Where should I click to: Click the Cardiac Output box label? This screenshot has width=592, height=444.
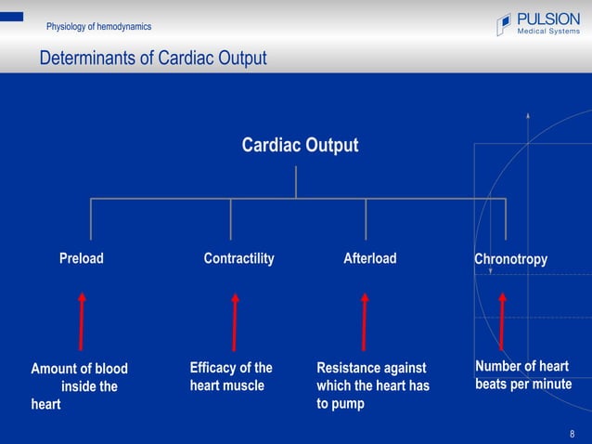point(299,146)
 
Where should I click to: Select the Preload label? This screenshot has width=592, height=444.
point(82,259)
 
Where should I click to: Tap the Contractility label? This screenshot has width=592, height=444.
point(238,259)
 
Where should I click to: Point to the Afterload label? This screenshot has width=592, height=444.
point(369,259)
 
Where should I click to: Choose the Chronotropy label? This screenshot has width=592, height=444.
point(510,259)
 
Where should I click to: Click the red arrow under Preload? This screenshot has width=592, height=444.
point(83,321)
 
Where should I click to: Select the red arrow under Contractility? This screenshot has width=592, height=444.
point(235,321)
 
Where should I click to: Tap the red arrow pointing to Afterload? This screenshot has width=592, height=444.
point(365,321)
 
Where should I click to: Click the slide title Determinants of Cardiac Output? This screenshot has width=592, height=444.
point(153,59)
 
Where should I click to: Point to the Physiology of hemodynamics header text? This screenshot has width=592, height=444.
point(99,26)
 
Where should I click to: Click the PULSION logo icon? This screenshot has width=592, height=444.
point(504,24)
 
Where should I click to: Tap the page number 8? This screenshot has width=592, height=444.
point(573,434)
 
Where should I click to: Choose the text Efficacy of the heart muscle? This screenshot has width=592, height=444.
point(231,376)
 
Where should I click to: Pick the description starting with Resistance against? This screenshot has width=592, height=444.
point(373,385)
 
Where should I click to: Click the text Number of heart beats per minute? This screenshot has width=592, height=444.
point(522,375)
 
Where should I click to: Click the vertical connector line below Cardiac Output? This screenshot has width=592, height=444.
point(296,182)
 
